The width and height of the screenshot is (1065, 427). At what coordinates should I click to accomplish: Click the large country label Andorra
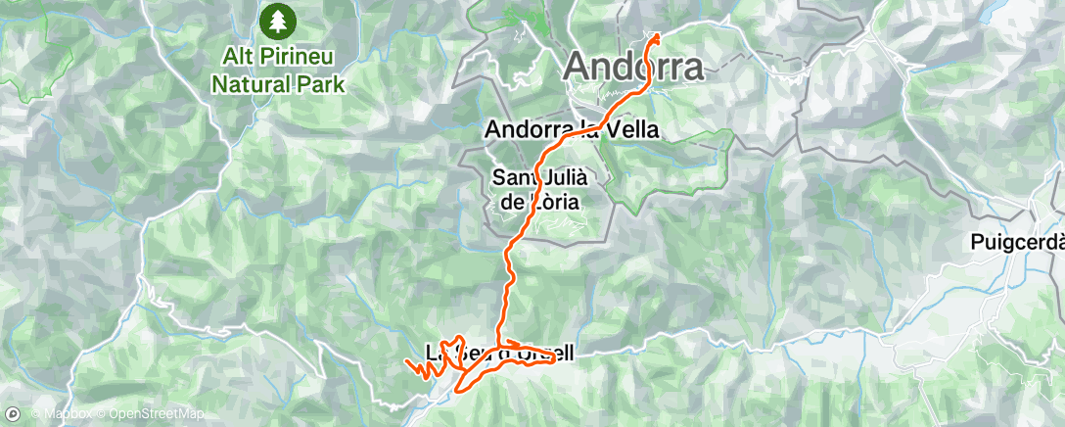click(634, 68)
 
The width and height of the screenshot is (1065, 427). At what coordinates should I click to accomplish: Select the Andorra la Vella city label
click(572, 128)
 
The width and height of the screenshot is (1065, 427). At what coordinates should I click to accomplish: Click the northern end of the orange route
click(655, 36)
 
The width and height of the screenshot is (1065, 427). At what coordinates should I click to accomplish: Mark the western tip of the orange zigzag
click(404, 363)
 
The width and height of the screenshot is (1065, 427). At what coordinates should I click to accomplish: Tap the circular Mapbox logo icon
click(14, 414)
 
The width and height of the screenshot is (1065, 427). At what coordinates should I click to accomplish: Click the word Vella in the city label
click(631, 128)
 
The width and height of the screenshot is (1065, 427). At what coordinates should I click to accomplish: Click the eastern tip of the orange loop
click(555, 357)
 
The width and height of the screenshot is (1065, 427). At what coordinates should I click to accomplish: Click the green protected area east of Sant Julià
click(675, 162)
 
